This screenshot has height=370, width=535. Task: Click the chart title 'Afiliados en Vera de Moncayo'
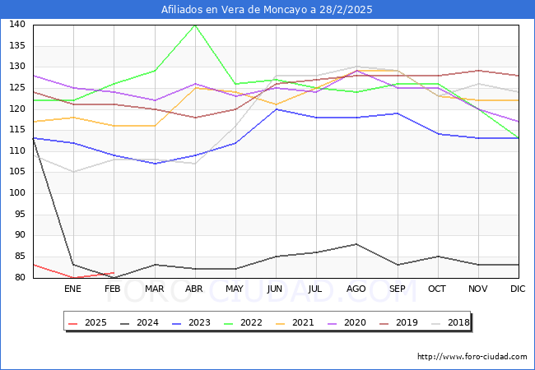click(x=267, y=9)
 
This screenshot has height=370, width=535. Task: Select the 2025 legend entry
click(x=91, y=322)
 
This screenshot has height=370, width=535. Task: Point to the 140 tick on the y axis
click(x=16, y=25)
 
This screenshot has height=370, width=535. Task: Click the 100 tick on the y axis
click(x=16, y=193)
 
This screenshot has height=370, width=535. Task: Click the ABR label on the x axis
click(x=194, y=289)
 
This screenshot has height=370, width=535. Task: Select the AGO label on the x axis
click(x=356, y=289)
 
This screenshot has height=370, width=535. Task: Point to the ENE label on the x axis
click(x=73, y=289)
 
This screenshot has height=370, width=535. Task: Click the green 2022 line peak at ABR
click(x=195, y=25)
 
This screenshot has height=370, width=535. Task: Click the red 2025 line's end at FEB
click(x=114, y=273)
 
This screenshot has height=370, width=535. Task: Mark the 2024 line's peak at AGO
click(x=356, y=243)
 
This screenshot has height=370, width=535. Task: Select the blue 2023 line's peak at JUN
click(x=276, y=109)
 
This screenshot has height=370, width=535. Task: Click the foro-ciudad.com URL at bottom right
click(x=472, y=357)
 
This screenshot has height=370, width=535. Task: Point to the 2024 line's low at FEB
click(x=114, y=277)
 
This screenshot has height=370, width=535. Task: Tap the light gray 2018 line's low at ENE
click(x=73, y=172)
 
